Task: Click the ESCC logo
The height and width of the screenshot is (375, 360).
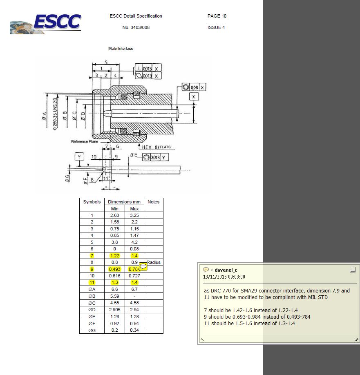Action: (46, 23)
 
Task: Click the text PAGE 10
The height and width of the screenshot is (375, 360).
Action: (217, 16)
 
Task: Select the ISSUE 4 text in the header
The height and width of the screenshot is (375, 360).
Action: (216, 28)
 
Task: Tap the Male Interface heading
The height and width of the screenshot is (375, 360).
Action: (121, 49)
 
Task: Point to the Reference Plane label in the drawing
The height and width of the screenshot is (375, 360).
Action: (85, 142)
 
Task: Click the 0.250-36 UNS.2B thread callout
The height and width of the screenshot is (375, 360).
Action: (55, 112)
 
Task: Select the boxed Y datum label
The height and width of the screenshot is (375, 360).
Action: (79, 156)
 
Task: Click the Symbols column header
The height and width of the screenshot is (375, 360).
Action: (92, 202)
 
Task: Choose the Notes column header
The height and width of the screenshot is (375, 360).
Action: (153, 202)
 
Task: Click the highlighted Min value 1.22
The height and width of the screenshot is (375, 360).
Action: (115, 255)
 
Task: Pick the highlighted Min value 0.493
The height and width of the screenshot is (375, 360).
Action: (115, 269)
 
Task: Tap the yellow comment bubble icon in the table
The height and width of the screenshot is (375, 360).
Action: (143, 266)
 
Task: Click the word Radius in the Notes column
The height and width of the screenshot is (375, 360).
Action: (154, 262)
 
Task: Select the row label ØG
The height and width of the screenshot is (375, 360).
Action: (92, 330)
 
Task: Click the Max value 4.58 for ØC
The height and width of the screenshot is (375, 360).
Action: (134, 303)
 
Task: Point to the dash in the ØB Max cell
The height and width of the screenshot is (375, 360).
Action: (134, 296)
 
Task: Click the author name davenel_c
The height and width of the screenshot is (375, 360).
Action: (226, 270)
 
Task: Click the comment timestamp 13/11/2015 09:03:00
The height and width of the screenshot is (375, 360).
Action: (224, 277)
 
